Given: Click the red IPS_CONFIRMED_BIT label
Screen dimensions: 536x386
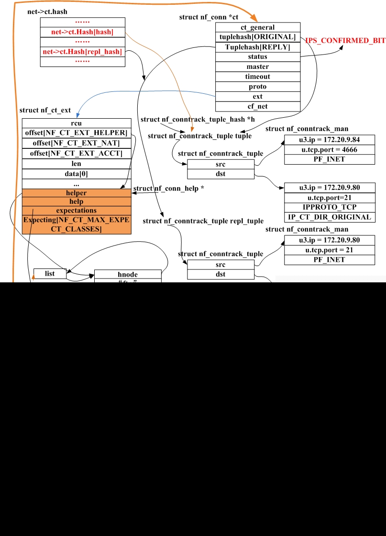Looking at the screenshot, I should tap(345, 41).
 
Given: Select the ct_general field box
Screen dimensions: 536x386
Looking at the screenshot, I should tap(258, 27).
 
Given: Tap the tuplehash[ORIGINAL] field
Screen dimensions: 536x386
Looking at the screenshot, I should tap(258, 37).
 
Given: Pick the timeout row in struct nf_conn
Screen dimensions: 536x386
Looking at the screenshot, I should tap(258, 77).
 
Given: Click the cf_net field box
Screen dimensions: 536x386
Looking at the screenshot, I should tap(258, 106).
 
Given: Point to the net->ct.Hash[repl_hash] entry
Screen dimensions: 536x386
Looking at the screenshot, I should tap(82, 52).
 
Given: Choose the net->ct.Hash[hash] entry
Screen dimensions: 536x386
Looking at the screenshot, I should tap(82, 32).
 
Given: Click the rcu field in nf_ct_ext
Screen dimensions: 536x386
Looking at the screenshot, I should tap(77, 123).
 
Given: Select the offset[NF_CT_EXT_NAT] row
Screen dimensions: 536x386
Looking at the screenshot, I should tap(77, 143).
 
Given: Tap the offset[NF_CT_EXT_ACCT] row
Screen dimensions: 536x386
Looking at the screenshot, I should tap(77, 153).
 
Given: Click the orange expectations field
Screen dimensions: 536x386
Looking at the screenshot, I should tap(77, 211).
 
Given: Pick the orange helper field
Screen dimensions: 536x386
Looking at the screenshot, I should tap(77, 193).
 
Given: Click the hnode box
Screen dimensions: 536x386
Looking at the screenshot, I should tap(128, 274).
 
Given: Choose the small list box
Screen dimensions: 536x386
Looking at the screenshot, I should tap(50, 273).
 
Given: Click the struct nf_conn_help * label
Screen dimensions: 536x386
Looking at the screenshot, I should tap(169, 189).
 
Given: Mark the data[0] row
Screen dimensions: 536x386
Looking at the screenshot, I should tap(77, 173).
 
